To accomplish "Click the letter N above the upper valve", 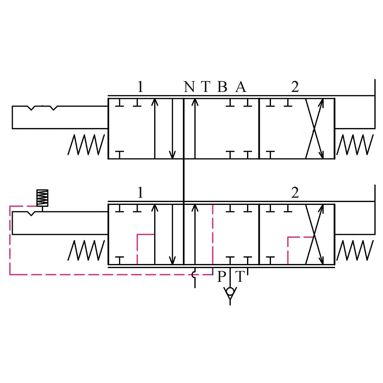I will tap(189, 87).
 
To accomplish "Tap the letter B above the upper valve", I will tap(222, 87).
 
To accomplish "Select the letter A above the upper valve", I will tap(241, 87).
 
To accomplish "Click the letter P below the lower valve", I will tap(221, 277).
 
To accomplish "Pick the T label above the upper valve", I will tap(206, 87).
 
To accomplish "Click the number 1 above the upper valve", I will tap(140, 87).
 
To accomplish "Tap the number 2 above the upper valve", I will tap(295, 87).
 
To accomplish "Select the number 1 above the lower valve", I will tap(140, 193).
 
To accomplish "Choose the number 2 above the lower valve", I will tap(295, 193).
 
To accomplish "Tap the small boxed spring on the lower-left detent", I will tap(42, 198).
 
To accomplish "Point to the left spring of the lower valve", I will tap(86, 250).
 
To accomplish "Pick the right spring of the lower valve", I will tap(355, 250).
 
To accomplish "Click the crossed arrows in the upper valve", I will tap(315, 128).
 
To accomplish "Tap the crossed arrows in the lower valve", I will tap(315, 235).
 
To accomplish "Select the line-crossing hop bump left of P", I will tap(194, 274).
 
